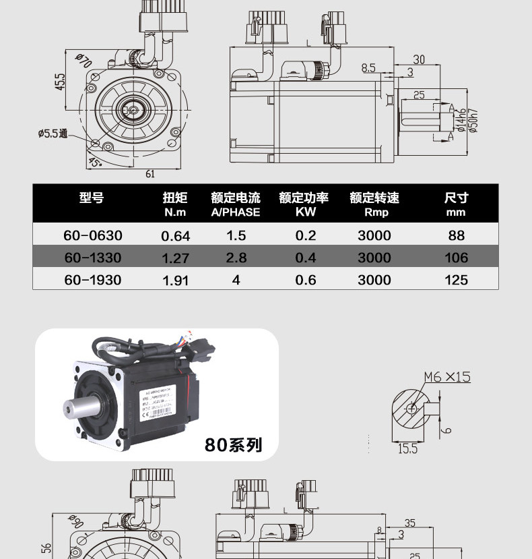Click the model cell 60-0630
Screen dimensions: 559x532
click(93, 235)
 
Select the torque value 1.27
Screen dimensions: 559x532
click(176, 258)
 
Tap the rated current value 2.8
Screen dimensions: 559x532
click(236, 258)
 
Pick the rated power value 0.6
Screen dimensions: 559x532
click(306, 279)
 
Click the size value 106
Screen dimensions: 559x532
click(456, 258)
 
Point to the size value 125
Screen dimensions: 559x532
click(456, 279)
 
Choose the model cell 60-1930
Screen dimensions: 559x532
click(93, 279)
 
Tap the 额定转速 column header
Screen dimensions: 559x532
click(374, 198)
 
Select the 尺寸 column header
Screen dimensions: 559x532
click(456, 198)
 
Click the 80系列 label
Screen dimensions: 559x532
click(234, 445)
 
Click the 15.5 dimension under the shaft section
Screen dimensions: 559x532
click(407, 448)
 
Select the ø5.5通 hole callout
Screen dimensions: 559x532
click(53, 134)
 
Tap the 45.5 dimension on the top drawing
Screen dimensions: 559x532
click(60, 82)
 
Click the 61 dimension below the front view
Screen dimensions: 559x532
click(150, 174)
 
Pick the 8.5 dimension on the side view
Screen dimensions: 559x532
click(368, 67)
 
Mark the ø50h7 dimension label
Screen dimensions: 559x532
click(473, 120)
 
